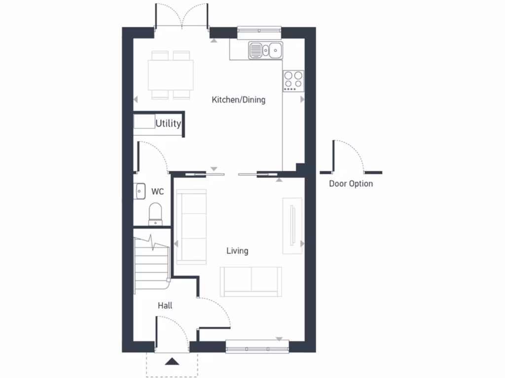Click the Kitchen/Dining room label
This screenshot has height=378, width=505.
(x=238, y=100)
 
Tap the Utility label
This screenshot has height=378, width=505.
(x=169, y=124)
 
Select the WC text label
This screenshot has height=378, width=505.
(x=158, y=191)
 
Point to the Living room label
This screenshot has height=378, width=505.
(x=237, y=251)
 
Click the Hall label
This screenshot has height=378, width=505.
(x=165, y=306)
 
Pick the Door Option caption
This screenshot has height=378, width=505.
(x=351, y=184)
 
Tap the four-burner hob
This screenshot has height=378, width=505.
(x=293, y=81)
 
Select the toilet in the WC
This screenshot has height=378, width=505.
(x=155, y=213)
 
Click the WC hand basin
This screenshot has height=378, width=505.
(x=139, y=190)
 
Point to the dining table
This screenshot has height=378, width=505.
(x=171, y=75)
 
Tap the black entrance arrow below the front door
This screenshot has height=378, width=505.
(x=172, y=362)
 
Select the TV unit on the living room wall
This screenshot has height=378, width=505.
(x=292, y=225)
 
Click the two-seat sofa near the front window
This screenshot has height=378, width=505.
(x=251, y=282)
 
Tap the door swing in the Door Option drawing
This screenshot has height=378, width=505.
(x=351, y=155)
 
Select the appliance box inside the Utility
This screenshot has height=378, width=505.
(x=144, y=122)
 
